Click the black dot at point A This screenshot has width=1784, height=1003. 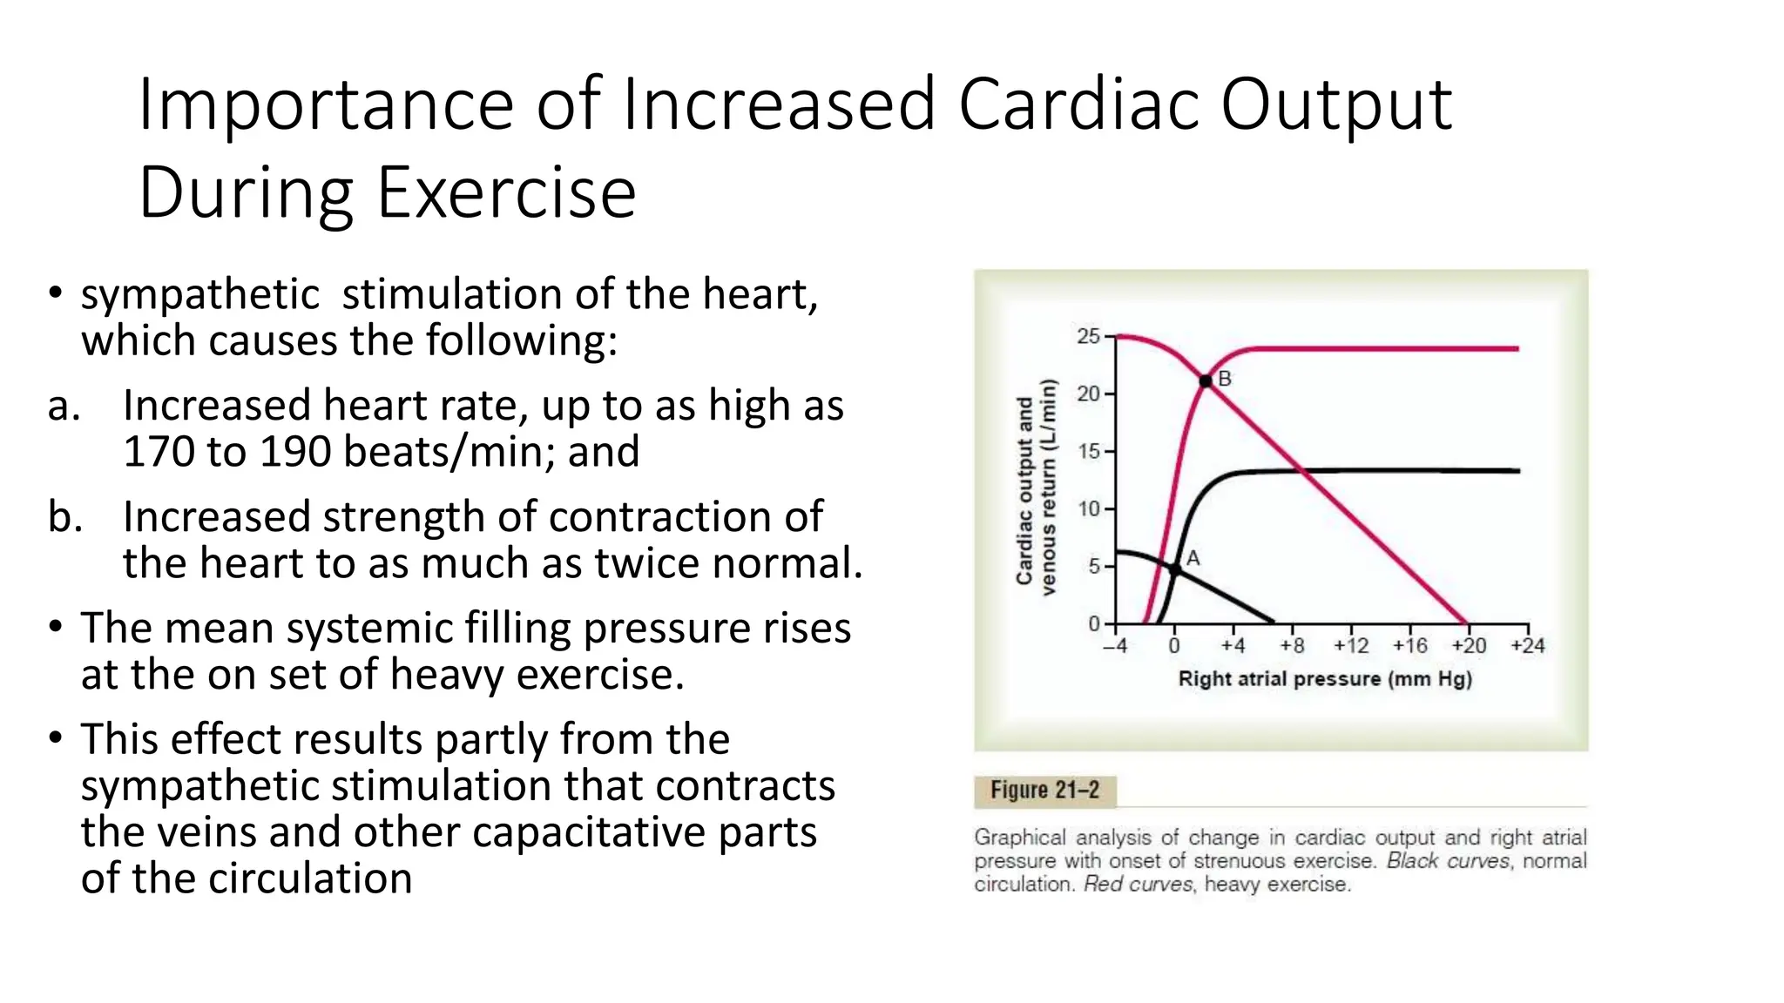1174,569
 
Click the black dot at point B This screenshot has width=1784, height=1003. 1206,380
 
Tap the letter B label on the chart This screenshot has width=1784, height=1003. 1225,379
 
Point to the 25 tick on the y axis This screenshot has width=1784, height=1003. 1088,336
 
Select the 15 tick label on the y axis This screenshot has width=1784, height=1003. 1088,451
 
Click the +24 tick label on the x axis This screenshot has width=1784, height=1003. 1527,646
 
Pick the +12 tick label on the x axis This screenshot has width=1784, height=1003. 1350,646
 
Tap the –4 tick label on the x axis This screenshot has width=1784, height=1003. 1115,646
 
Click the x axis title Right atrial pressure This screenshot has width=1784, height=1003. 1324,679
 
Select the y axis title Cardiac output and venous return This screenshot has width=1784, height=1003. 1036,488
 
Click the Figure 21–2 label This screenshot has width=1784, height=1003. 1044,791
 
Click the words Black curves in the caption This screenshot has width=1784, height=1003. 1448,861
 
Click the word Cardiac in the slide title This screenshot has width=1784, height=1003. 1078,104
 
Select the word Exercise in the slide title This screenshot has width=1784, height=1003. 506,193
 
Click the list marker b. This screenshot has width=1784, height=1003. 65,517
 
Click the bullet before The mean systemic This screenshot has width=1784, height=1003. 56,627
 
